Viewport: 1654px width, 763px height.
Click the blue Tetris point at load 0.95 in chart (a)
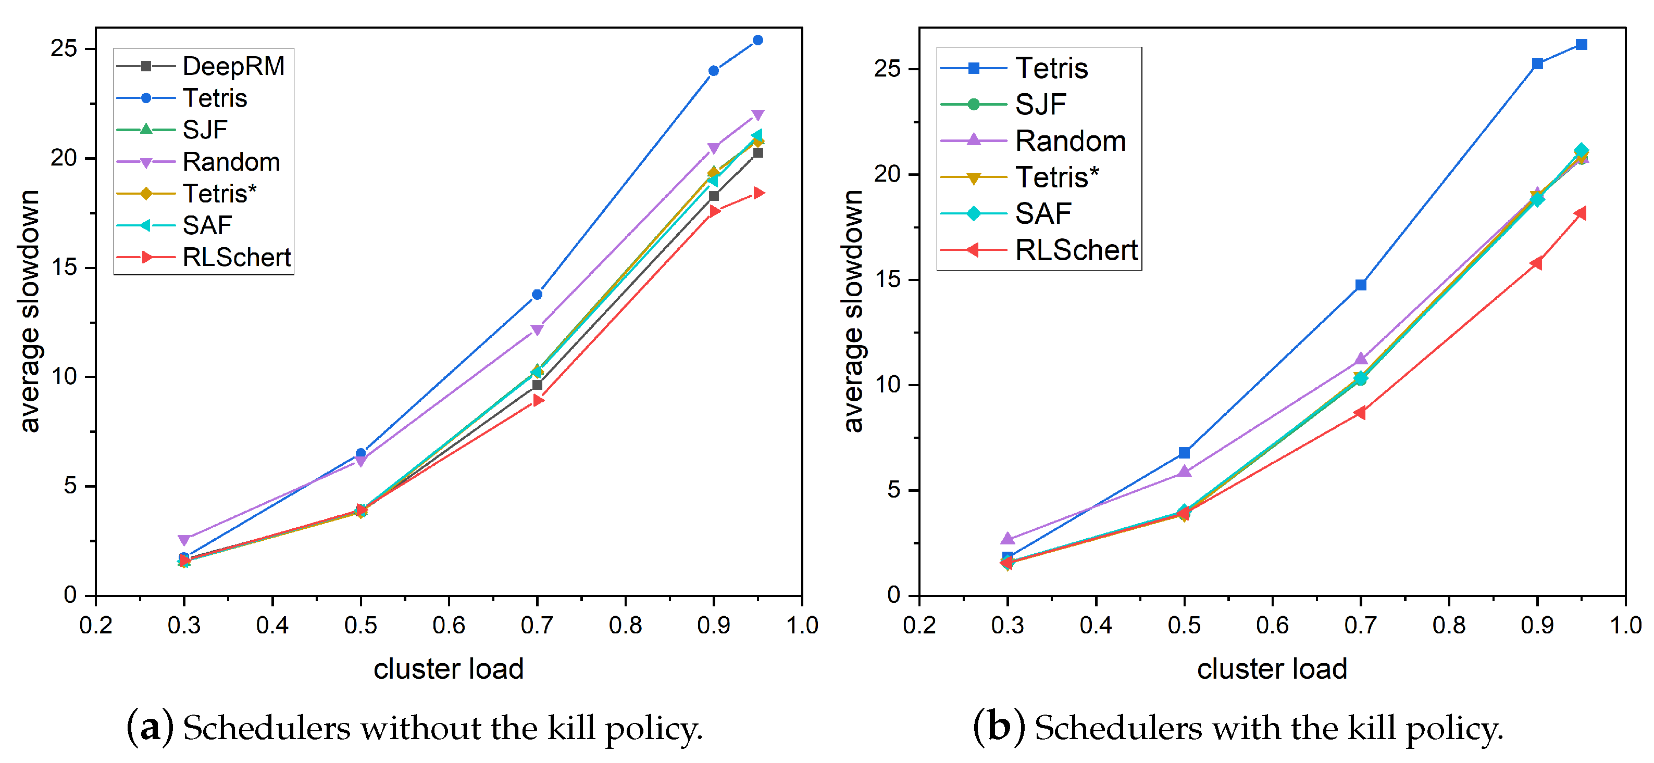(x=757, y=41)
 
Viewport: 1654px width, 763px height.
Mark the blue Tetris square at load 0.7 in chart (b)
(x=1361, y=285)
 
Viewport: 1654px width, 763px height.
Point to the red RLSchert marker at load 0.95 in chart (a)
(x=758, y=193)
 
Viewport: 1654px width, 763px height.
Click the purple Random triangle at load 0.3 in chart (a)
(x=184, y=540)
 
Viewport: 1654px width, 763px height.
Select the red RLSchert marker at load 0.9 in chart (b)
(x=1536, y=263)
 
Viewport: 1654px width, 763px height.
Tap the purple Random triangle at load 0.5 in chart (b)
(x=1184, y=472)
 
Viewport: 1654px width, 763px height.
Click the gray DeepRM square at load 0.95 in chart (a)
(x=757, y=152)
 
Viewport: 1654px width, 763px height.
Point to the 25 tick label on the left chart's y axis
(x=64, y=49)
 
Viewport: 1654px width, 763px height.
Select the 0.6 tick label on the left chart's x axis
(x=448, y=625)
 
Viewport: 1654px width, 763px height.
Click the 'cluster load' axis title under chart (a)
(x=448, y=669)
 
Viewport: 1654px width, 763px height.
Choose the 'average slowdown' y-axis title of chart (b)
(x=853, y=311)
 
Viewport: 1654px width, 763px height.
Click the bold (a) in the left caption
(x=150, y=728)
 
